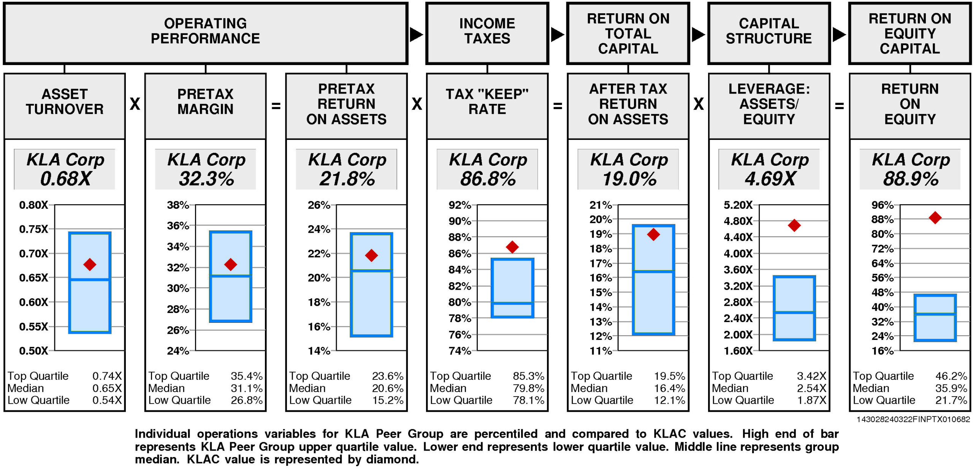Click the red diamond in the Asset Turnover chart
tap(90, 264)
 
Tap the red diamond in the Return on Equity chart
tap(935, 218)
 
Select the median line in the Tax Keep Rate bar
tap(512, 303)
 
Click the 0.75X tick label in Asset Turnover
tap(33, 229)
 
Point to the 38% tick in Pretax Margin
tap(178, 205)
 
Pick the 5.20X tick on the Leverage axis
tap(738, 205)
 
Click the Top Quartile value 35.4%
tap(247, 376)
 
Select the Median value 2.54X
tap(811, 388)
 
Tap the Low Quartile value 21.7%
tap(951, 400)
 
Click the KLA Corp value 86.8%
tap(488, 179)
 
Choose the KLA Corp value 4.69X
tap(770, 179)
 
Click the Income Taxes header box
tap(487, 33)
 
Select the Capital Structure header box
tap(769, 33)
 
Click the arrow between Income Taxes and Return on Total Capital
tap(557, 35)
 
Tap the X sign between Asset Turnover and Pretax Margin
tap(135, 104)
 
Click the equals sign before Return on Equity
tap(839, 106)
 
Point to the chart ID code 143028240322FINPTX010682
tap(913, 419)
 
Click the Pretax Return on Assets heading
tap(346, 104)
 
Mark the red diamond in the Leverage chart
tap(794, 225)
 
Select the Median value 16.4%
tap(669, 388)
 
